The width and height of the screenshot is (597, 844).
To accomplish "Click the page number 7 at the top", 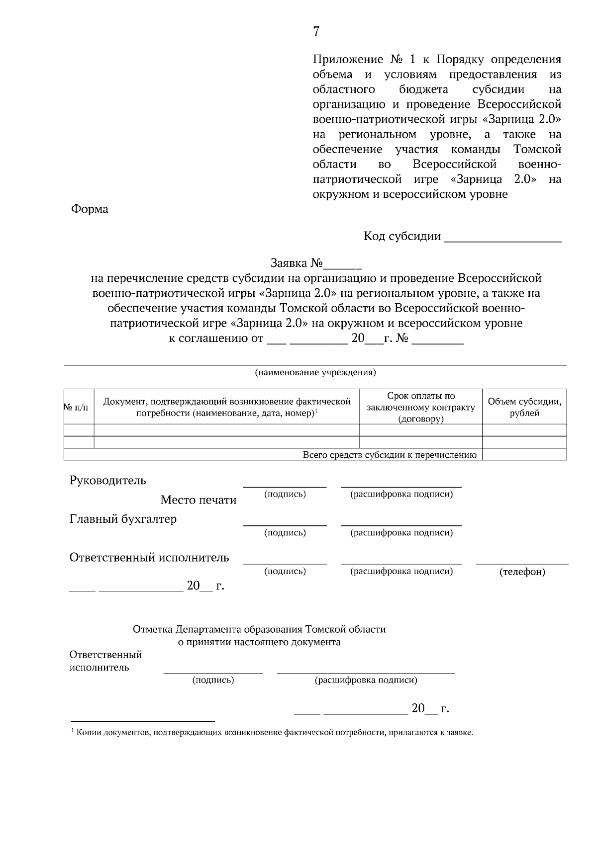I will [316, 32].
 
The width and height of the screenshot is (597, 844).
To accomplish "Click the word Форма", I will [90, 209].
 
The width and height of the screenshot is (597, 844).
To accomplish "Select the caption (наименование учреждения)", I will [315, 372].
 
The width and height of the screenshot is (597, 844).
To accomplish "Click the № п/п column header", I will [79, 407].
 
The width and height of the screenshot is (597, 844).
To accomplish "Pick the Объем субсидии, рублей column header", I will [524, 407].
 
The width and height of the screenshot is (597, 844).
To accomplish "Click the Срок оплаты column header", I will [421, 407].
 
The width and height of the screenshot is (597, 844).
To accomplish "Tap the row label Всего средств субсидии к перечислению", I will [390, 455].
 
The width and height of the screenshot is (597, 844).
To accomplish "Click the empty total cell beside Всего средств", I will [524, 455].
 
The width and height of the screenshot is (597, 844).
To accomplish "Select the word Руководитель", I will [108, 481].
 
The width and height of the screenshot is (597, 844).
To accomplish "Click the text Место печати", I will [199, 500].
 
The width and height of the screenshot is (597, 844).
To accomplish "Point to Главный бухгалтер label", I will [123, 519].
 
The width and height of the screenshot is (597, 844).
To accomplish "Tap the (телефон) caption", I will [522, 572].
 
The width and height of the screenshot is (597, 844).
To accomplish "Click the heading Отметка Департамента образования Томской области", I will [259, 630].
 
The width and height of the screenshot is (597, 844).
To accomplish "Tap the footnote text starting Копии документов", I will [274, 733].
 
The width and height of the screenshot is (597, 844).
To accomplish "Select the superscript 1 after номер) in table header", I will [316, 411].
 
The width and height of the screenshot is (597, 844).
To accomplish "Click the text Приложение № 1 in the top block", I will [363, 60].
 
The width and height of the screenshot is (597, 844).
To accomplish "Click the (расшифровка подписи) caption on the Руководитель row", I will [401, 495].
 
